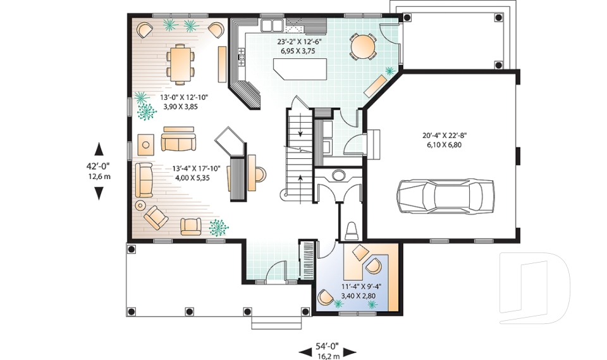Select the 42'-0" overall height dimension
(99, 168)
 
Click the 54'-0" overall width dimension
(327, 346)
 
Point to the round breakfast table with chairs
(363, 46)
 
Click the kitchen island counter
(300, 68)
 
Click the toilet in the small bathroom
(352, 229)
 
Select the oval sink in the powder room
(339, 175)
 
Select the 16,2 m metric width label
(327, 356)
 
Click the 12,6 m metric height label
(99, 177)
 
